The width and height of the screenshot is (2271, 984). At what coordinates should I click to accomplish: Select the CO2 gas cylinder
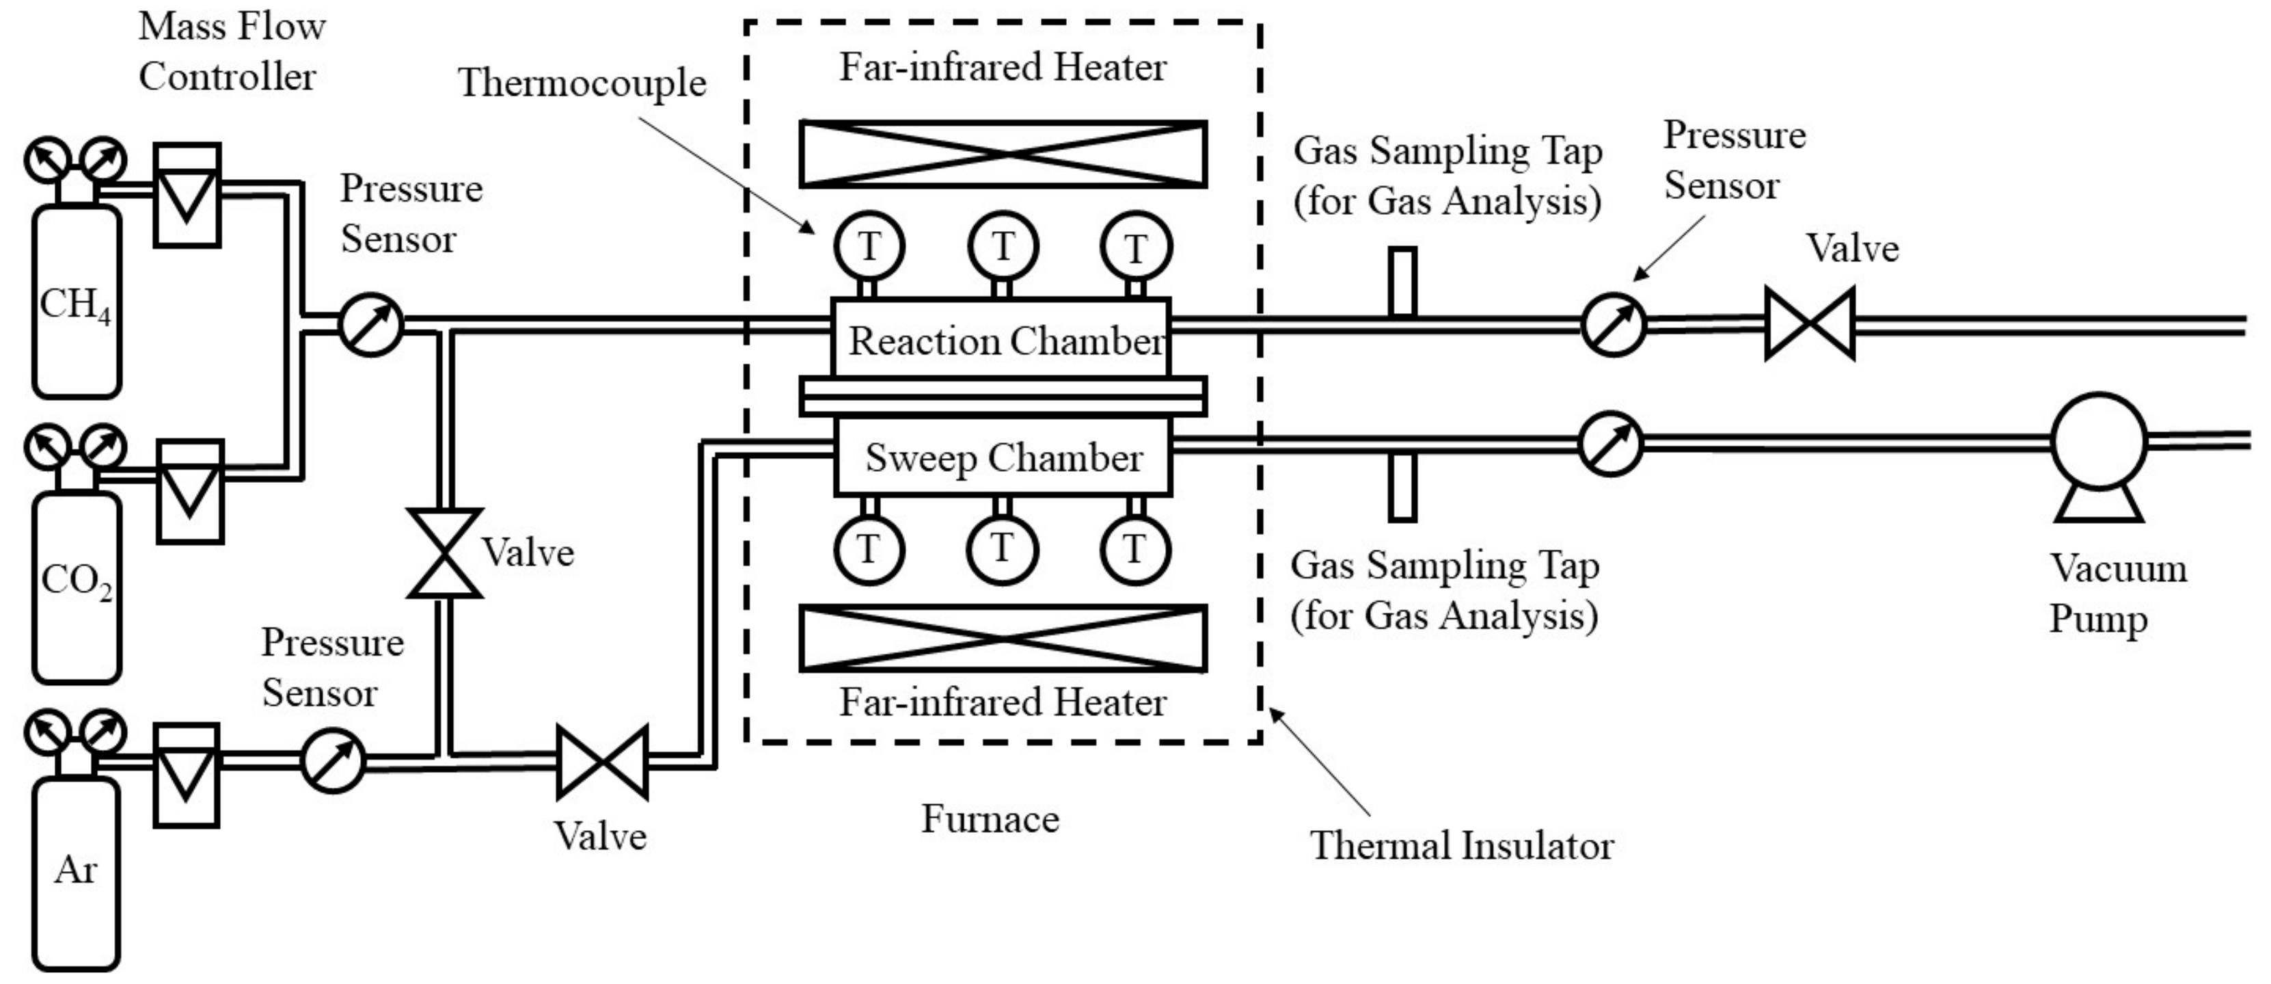point(76,586)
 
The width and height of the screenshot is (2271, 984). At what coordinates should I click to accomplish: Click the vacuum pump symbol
point(2098,445)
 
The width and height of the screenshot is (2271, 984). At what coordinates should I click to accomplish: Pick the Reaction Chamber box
point(1001,339)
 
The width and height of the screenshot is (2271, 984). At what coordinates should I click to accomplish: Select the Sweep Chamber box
point(1003,457)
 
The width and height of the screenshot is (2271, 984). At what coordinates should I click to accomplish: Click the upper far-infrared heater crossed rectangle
point(1003,155)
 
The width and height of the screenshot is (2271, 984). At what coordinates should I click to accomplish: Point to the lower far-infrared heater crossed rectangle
point(1003,637)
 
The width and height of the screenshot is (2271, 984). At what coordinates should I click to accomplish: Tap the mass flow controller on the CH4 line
point(187,195)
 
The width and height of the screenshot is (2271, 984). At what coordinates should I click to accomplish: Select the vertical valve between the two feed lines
point(444,553)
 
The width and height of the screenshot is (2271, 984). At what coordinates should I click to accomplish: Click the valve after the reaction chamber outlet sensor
point(1809,323)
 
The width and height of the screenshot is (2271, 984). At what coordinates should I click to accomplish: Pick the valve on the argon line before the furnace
point(602,762)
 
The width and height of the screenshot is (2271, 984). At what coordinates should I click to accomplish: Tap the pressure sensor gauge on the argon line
point(332,760)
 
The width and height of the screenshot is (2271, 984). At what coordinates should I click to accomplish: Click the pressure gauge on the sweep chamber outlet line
point(1611,444)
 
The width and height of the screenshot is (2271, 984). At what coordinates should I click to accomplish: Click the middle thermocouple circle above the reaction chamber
point(1003,246)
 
